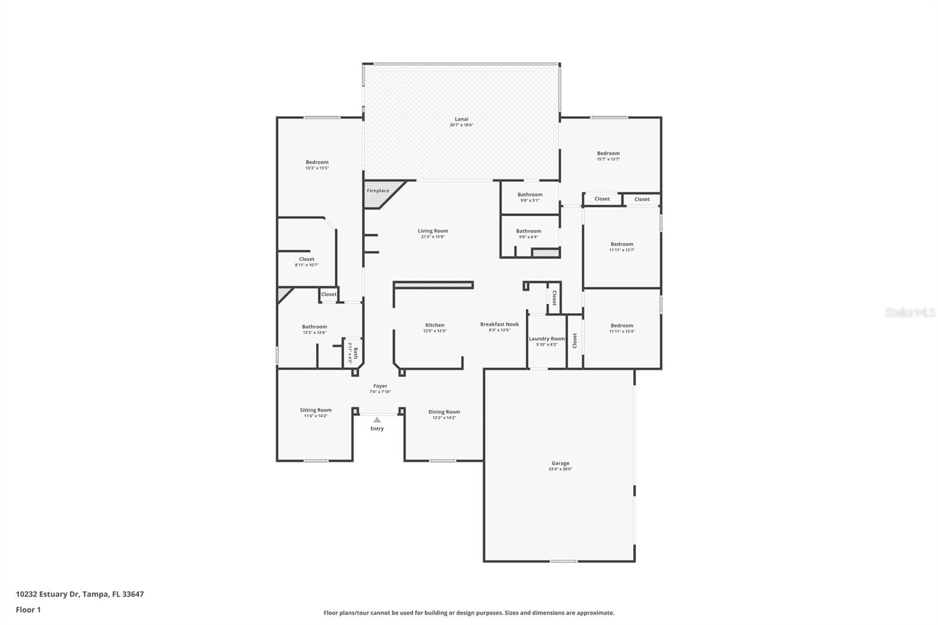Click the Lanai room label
point(461,120)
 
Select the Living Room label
point(433,231)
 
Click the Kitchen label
point(434,325)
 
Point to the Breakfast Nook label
point(499,324)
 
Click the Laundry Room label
point(546,339)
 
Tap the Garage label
point(560,463)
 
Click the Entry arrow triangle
point(377,420)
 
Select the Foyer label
point(380,386)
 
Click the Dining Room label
point(444,412)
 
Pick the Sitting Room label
point(315,410)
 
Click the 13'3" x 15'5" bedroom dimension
point(317,168)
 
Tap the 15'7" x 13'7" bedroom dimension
point(608,159)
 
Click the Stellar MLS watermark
point(909,312)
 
